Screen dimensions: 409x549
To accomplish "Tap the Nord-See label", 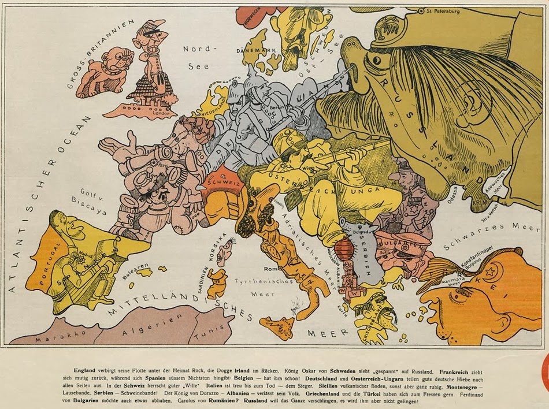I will [198, 57].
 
